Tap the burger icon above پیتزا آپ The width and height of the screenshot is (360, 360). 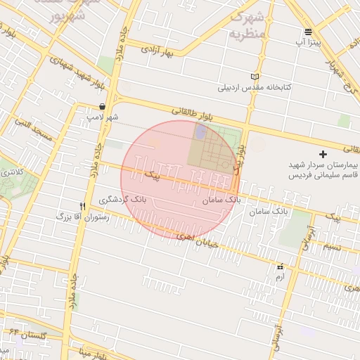tap(308, 32)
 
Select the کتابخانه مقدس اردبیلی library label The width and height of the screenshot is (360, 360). tap(254, 88)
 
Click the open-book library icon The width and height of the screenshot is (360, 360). tap(255, 77)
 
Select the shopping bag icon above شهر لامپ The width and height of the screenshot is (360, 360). tap(103, 107)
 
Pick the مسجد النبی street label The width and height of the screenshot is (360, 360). tap(34, 131)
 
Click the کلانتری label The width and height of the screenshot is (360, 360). tap(11, 172)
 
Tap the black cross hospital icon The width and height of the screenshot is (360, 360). tap(323, 153)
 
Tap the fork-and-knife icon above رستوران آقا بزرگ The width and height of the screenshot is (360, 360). tap(83, 207)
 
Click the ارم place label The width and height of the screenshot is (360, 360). tap(280, 278)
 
